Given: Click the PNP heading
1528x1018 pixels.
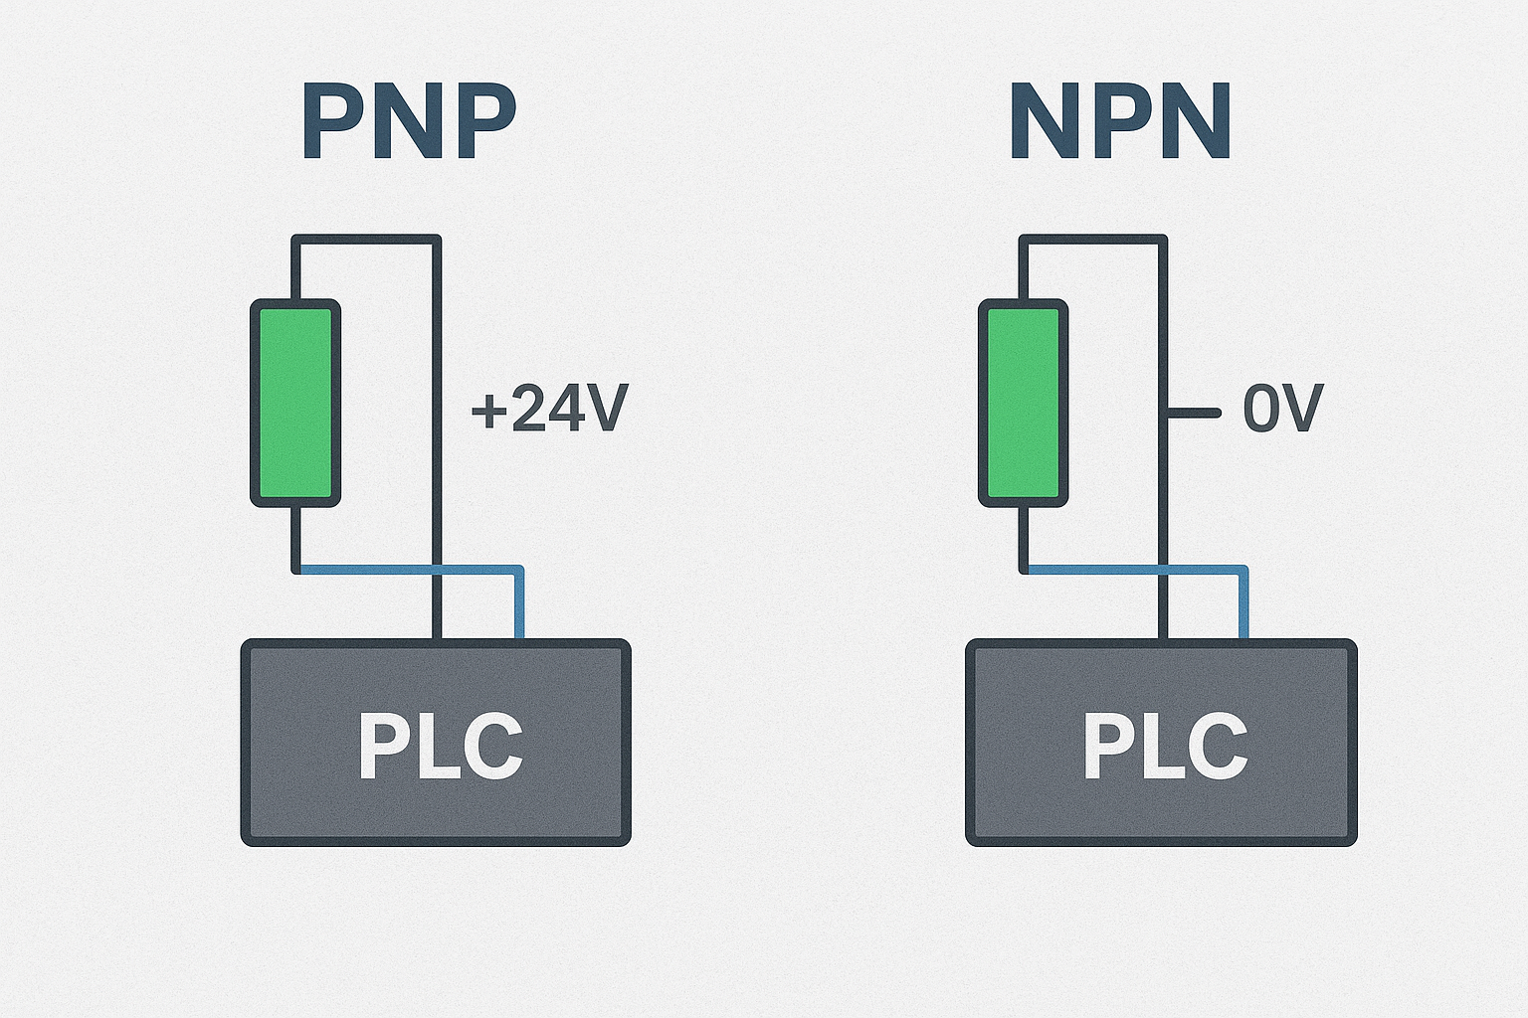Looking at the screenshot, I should (x=408, y=122).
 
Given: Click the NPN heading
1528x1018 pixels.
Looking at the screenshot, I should (x=1120, y=122).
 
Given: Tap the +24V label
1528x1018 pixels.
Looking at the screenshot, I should (x=549, y=410).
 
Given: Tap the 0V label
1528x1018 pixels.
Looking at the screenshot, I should (x=1282, y=410).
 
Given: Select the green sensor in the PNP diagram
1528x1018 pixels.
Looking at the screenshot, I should (x=295, y=403).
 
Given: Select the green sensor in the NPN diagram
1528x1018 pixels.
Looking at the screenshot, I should (x=1024, y=403).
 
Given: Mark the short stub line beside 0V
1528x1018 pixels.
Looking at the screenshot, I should (x=1194, y=412).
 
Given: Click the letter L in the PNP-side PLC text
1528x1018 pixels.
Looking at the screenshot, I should (x=435, y=747).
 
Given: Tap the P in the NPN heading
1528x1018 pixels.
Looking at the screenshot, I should (x=1120, y=122).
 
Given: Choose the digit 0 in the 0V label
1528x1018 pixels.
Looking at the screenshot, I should (x=1261, y=410).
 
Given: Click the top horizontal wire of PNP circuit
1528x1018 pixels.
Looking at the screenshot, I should (x=365, y=239).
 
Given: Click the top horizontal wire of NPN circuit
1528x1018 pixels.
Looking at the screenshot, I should (x=1092, y=239).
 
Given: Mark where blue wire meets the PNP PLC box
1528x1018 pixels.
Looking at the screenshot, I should (x=518, y=638).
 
